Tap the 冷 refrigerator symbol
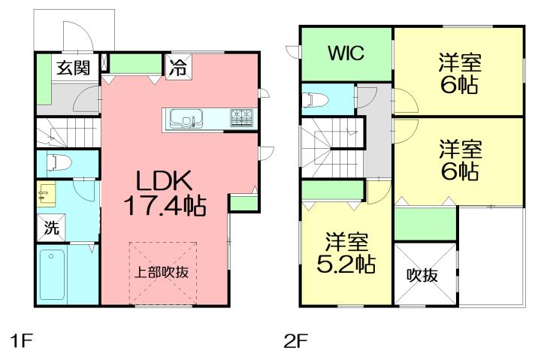click(178, 65)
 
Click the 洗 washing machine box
click(50, 228)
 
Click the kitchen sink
click(185, 118)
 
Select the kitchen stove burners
click(242, 117)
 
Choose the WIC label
click(345, 53)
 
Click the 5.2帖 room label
click(346, 253)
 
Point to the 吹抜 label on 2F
click(424, 274)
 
